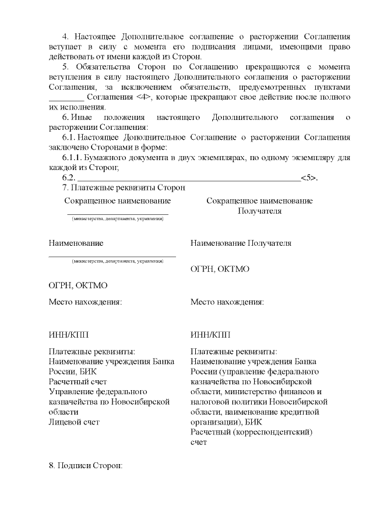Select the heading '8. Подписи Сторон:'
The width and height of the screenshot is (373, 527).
coord(85,466)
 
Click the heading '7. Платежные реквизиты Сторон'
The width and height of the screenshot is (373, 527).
coord(123,188)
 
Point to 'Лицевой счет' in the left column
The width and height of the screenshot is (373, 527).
coord(74,422)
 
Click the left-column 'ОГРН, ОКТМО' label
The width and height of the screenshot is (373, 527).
coord(78,285)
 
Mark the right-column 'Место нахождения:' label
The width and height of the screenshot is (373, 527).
coord(227,302)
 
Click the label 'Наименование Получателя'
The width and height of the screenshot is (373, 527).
coord(241,243)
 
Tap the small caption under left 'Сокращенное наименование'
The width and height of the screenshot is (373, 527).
coord(117,219)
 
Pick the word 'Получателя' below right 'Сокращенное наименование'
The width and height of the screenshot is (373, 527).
coord(259,211)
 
